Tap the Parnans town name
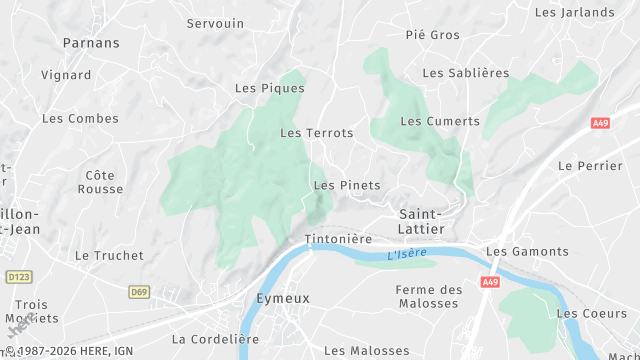(x=91, y=43)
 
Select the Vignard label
(x=66, y=75)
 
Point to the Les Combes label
(x=80, y=118)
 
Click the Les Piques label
(x=262, y=88)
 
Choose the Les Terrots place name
(x=317, y=133)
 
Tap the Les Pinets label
(x=347, y=185)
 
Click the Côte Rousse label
(x=104, y=182)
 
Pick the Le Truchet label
(x=110, y=255)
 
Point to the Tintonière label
(x=338, y=240)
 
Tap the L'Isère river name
(x=407, y=255)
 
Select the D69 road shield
(x=139, y=292)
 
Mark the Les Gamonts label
(x=526, y=252)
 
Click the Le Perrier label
(x=590, y=165)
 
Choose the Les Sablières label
(x=466, y=73)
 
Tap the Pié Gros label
(x=433, y=35)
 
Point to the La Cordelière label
(x=215, y=339)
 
